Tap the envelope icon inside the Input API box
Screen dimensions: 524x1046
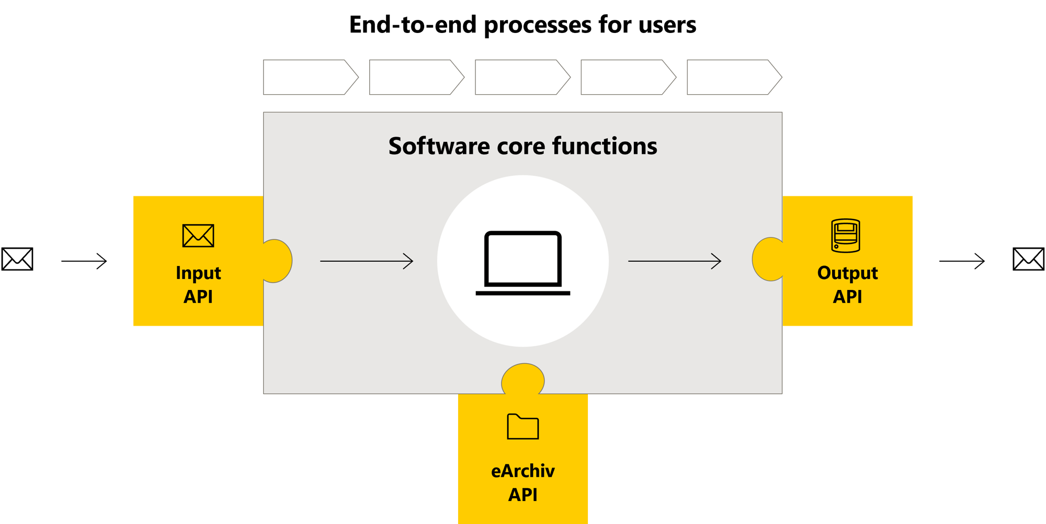[198, 236]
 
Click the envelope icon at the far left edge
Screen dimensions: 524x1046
[17, 259]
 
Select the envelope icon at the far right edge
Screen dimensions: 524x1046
[1028, 259]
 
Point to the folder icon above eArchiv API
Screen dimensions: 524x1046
[523, 427]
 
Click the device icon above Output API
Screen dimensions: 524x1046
[846, 236]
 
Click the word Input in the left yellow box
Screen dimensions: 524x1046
[198, 273]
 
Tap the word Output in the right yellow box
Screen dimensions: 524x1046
[847, 273]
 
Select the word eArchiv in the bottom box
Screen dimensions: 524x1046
[523, 471]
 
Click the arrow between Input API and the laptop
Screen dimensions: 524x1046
[367, 261]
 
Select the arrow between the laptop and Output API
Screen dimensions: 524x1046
[675, 261]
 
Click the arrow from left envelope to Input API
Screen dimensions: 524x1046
[84, 261]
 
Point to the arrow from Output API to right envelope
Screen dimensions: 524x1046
[962, 261]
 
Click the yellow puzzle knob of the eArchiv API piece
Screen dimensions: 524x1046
[523, 379]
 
